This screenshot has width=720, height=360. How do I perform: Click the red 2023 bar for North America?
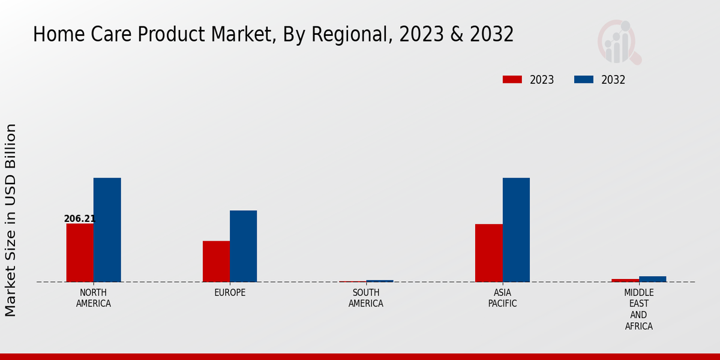tap(80, 253)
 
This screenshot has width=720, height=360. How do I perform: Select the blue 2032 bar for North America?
tap(107, 230)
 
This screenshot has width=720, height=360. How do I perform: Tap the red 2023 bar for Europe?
tap(216, 261)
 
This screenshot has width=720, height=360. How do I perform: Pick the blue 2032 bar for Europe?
tap(243, 246)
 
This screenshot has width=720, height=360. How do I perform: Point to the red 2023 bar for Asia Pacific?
tap(488, 253)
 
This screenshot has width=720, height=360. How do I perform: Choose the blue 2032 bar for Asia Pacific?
tap(516, 230)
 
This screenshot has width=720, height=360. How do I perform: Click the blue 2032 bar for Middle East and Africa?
tap(652, 279)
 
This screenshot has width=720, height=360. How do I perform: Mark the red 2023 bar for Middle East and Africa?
tap(625, 280)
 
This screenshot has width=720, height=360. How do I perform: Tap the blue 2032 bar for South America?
tap(380, 281)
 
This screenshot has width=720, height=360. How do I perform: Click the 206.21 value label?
tap(80, 219)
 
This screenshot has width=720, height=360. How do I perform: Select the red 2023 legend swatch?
tap(512, 80)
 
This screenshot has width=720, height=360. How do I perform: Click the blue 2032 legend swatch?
tap(584, 80)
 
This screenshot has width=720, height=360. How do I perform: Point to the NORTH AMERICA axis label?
tap(94, 298)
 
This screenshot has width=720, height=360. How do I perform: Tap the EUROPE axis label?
tap(230, 293)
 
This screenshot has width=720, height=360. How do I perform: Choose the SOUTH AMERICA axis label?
tap(366, 298)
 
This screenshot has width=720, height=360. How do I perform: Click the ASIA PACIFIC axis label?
tap(502, 298)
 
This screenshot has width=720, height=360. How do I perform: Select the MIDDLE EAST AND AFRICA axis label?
tap(638, 309)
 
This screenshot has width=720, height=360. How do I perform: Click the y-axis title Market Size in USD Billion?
tap(11, 220)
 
